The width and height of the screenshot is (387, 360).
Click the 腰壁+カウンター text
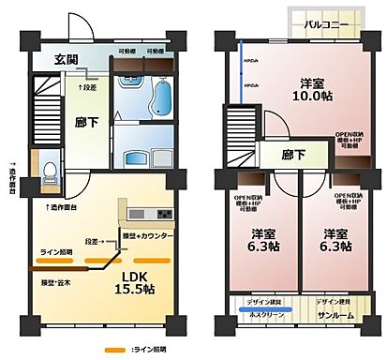click(149, 237)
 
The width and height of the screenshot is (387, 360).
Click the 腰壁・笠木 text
click(57, 281)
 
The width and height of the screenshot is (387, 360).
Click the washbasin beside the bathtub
click(130, 92)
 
